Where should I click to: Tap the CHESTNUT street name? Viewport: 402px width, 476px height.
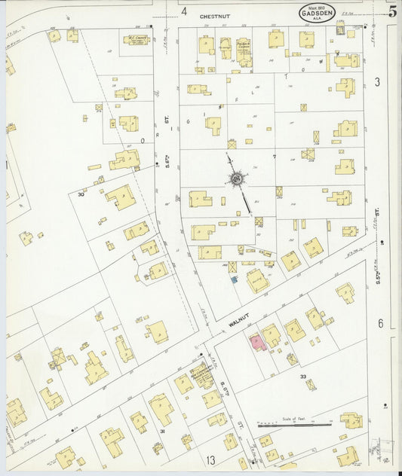214,15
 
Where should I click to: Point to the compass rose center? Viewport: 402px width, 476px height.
237,179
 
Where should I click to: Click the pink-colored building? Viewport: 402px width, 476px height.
256,342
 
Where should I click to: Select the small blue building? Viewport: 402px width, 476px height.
234,280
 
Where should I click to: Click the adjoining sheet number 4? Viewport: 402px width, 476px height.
183,11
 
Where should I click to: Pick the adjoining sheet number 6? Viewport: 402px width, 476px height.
380,323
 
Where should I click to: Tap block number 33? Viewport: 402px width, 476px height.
303,376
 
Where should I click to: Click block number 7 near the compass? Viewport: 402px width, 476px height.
275,157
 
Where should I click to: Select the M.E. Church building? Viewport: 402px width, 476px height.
137,39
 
